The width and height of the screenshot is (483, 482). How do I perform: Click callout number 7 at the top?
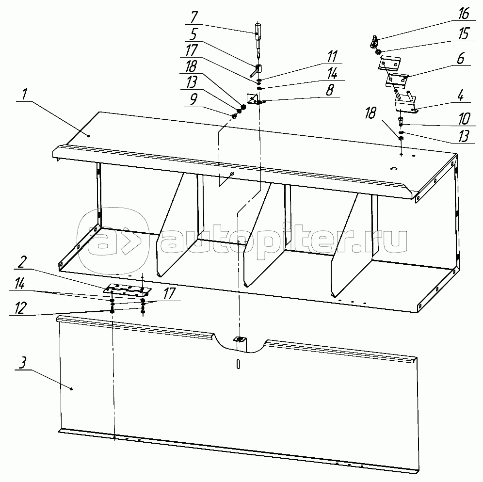pyautogui.click(x=194, y=17)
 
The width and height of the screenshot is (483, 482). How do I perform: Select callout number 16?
pyautogui.click(x=464, y=14)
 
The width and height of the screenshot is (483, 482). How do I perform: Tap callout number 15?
pyautogui.click(x=464, y=33)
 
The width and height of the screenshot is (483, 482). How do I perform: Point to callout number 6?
pyautogui.click(x=461, y=59)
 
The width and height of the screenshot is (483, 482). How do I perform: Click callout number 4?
pyautogui.click(x=461, y=96)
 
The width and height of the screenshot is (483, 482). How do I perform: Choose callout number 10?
pyautogui.click(x=464, y=119)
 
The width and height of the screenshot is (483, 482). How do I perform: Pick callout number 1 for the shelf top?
pyautogui.click(x=24, y=94)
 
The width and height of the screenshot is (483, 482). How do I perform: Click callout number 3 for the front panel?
pyautogui.click(x=22, y=363)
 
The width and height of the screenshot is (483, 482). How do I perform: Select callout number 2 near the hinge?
pyautogui.click(x=22, y=263)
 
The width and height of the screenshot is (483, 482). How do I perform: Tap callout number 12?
pyautogui.click(x=20, y=308)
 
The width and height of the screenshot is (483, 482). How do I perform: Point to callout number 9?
pyautogui.click(x=193, y=99)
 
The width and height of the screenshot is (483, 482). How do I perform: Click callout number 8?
pyautogui.click(x=330, y=90)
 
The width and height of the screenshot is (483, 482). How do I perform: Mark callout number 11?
pyautogui.click(x=332, y=57)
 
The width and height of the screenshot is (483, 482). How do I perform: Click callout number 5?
pyautogui.click(x=193, y=34)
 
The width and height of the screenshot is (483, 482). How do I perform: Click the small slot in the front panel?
pyautogui.click(x=238, y=364)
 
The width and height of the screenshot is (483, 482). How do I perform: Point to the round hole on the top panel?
pyautogui.click(x=394, y=169)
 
